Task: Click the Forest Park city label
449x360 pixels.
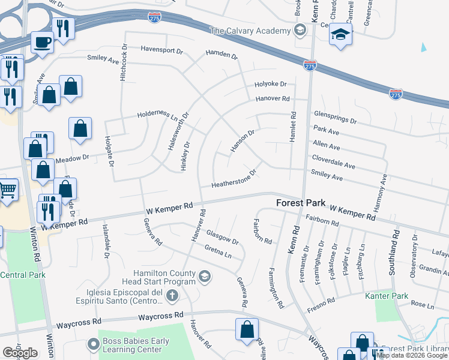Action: coord(300,203)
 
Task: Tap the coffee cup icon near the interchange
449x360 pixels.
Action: coord(42,42)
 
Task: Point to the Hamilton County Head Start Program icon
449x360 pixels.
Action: coord(205,276)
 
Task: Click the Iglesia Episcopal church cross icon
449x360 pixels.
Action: coord(172,295)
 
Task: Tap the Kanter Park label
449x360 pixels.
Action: coord(387,296)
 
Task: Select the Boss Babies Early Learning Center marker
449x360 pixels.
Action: coord(92,344)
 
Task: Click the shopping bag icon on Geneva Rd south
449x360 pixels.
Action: coord(247,330)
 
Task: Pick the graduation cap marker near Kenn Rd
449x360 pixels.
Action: coord(340,34)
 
